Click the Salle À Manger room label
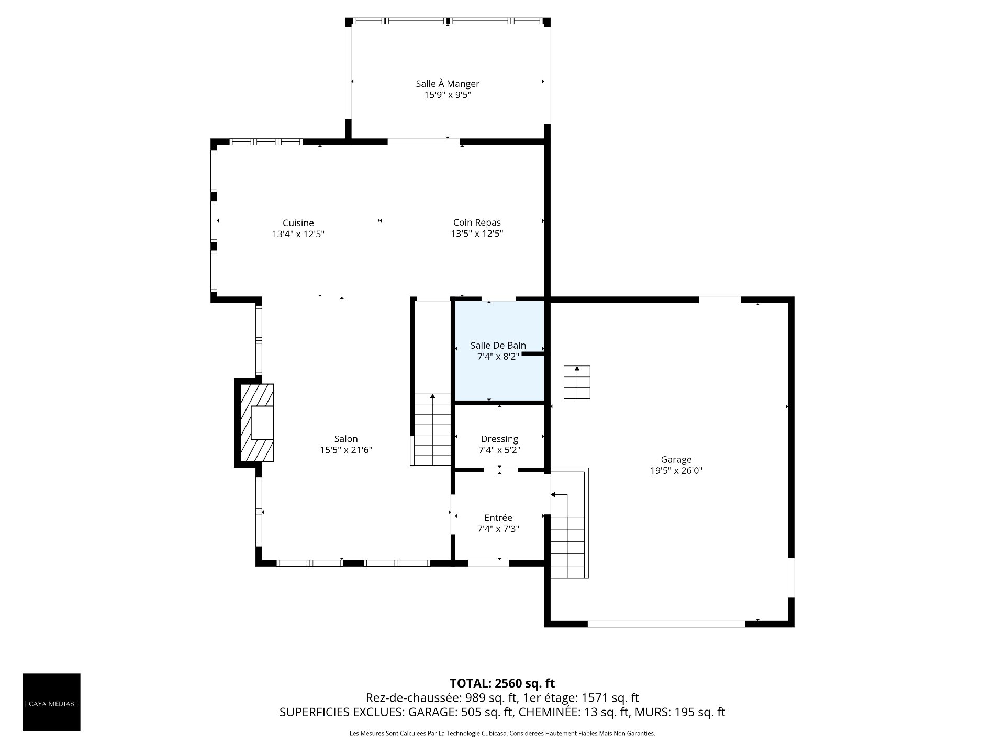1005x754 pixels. click(448, 84)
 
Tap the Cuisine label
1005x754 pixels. click(298, 223)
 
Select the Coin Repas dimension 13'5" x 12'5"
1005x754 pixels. click(477, 234)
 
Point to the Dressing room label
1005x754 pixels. click(499, 439)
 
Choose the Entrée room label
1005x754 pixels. click(498, 518)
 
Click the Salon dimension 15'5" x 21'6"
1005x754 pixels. click(346, 450)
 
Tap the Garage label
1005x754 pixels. click(676, 460)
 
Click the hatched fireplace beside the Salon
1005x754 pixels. click(256, 423)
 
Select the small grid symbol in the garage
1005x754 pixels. click(577, 382)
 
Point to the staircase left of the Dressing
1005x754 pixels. click(432, 429)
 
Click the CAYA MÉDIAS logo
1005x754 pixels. click(51, 702)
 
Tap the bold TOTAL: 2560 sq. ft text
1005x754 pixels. click(502, 683)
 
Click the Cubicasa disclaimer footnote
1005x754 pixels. click(502, 734)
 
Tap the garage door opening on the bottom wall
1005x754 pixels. click(666, 624)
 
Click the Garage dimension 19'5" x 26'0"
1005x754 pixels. click(676, 471)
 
